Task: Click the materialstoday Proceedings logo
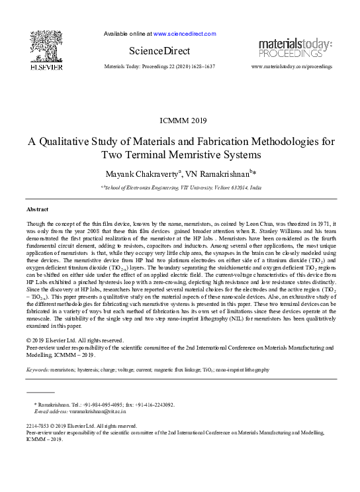(x=294, y=47)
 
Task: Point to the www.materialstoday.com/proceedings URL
(x=292, y=68)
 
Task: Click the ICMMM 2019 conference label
(x=179, y=121)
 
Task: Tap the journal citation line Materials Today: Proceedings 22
(x=153, y=68)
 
